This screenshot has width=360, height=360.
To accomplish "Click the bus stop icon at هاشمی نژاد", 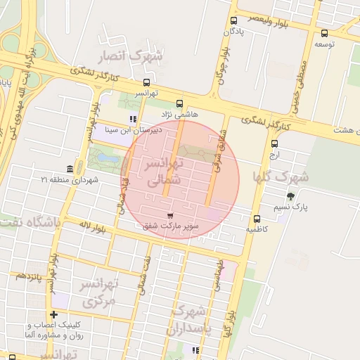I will (179, 103).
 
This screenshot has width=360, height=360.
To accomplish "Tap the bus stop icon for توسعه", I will (323, 33).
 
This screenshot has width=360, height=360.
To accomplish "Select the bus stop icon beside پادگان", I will (234, 20).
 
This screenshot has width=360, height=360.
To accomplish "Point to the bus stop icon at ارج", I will (274, 143).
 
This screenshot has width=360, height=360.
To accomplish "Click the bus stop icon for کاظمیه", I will (257, 219).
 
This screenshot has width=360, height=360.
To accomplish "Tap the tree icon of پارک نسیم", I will (290, 196).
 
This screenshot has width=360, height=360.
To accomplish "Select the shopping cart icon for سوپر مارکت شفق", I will (169, 216).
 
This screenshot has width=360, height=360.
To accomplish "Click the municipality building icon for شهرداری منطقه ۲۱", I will (70, 169).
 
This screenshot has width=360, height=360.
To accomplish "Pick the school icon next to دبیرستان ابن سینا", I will (134, 119).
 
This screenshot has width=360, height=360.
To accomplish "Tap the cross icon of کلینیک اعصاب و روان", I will (53, 314).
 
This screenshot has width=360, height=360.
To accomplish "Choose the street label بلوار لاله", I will (94, 225).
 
